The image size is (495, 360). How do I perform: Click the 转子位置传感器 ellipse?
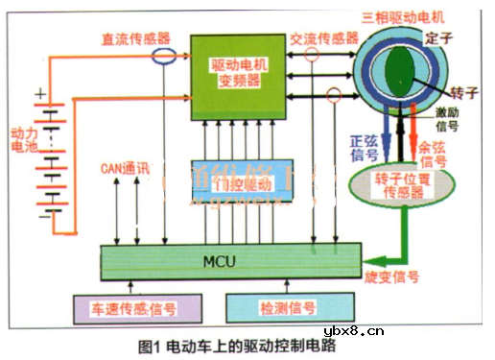(394, 184)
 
